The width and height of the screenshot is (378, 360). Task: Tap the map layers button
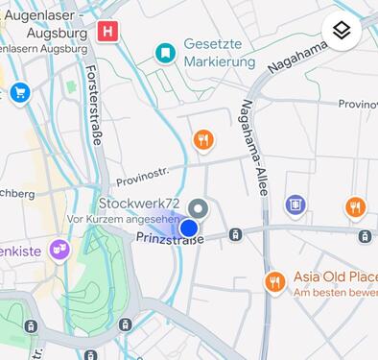(x=343, y=31)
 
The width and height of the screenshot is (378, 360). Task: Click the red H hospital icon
(x=108, y=32)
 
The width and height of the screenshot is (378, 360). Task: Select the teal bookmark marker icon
(x=166, y=52)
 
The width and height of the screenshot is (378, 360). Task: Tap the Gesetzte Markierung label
(x=220, y=54)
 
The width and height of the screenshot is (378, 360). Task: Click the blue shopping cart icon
(x=20, y=92)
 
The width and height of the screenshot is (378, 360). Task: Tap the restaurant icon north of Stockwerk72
(x=202, y=141)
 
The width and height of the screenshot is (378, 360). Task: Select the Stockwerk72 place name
(x=139, y=204)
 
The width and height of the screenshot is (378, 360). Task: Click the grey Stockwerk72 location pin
(x=199, y=207)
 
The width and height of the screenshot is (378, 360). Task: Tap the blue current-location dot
(x=189, y=228)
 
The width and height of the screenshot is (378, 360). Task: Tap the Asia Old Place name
(x=335, y=276)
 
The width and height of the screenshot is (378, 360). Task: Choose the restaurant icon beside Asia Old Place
(x=275, y=281)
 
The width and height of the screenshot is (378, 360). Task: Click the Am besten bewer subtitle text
(x=335, y=292)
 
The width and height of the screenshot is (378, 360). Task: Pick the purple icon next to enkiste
(x=60, y=250)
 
